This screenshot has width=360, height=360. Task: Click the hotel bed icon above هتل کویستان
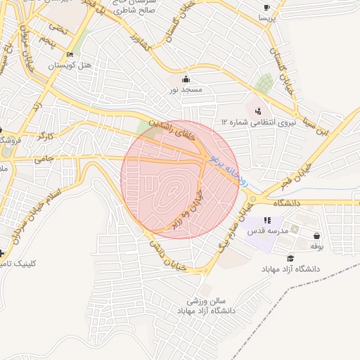point(69,55)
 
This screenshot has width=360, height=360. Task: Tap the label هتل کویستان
point(70,65)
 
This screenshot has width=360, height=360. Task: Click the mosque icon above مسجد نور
point(186,79)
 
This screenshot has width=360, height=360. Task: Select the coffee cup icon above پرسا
point(266,8)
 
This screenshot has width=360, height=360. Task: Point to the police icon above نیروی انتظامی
point(259,110)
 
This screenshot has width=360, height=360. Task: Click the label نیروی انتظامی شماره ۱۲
point(255,122)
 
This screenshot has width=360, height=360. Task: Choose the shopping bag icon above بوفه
point(317,236)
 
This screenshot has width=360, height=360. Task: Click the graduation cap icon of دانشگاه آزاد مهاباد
point(290,259)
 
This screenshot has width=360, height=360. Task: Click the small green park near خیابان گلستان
point(264,84)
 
